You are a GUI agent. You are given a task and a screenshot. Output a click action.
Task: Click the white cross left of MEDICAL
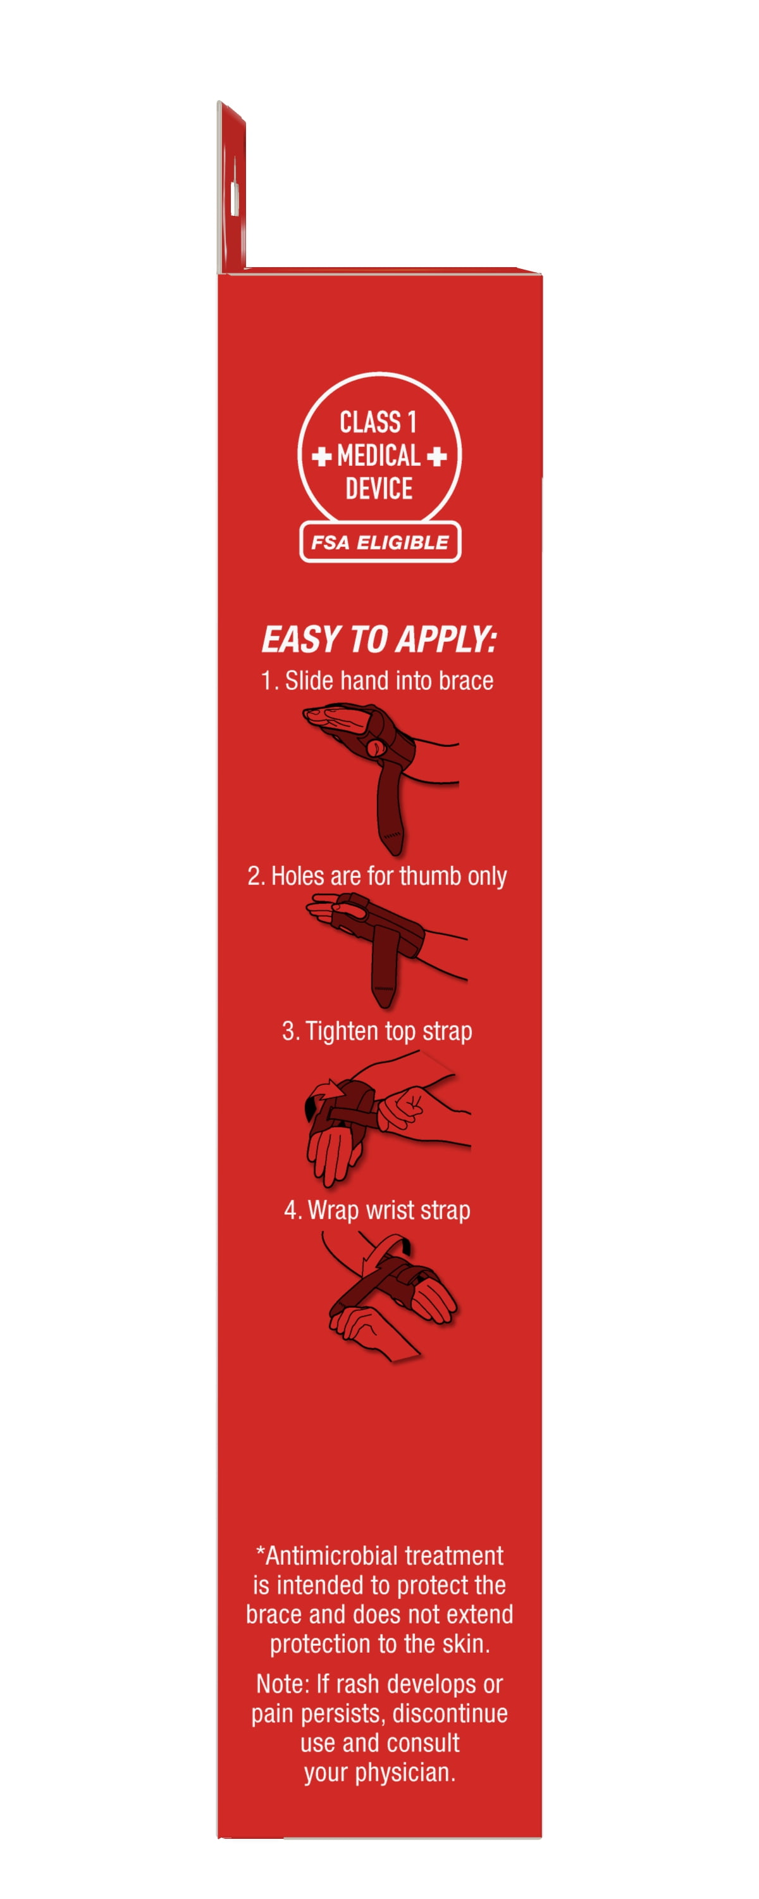coord(321,456)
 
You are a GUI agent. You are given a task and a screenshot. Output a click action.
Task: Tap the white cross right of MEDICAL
coord(437,456)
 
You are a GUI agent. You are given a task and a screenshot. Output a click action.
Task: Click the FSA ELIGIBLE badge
coord(380,542)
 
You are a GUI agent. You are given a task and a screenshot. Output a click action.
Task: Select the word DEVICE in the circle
coord(379,488)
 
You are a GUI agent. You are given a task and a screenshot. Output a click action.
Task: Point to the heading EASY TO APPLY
coord(379,639)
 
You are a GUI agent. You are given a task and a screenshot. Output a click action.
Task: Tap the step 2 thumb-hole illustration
coord(387,950)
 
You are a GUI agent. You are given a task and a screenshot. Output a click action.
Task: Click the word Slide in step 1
coord(305,680)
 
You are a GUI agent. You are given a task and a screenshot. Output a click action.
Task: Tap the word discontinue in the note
coord(450,1714)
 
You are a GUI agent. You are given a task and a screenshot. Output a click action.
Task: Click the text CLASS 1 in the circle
coord(378,422)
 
